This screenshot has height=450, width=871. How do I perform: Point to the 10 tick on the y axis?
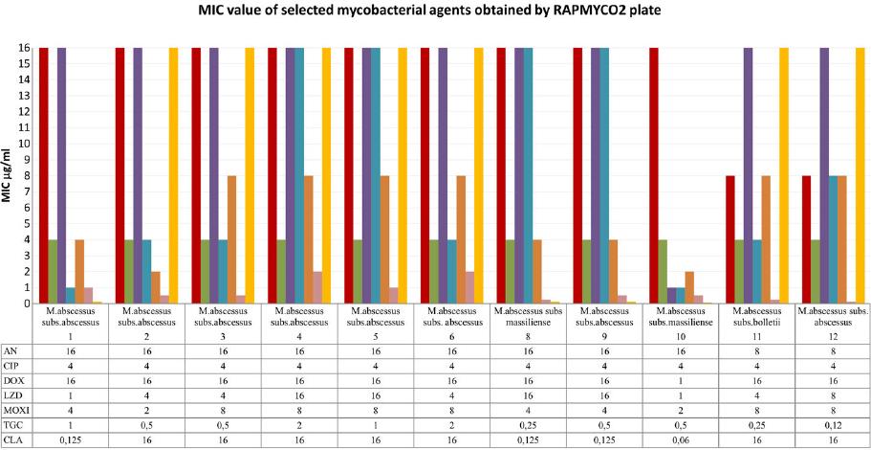coord(22,143)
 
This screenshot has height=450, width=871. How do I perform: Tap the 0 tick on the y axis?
coord(22,304)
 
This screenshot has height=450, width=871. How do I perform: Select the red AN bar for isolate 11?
coord(730,239)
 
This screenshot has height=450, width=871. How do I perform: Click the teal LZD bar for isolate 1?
coord(71,295)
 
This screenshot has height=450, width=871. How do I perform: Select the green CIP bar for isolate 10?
coord(663,271)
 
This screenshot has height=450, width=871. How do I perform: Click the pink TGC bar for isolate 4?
coord(317,287)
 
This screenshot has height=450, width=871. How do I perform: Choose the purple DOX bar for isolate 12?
coord(824,175)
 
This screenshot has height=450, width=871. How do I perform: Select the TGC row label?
coord(16,423)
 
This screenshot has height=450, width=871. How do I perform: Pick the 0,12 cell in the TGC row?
coord(833,423)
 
